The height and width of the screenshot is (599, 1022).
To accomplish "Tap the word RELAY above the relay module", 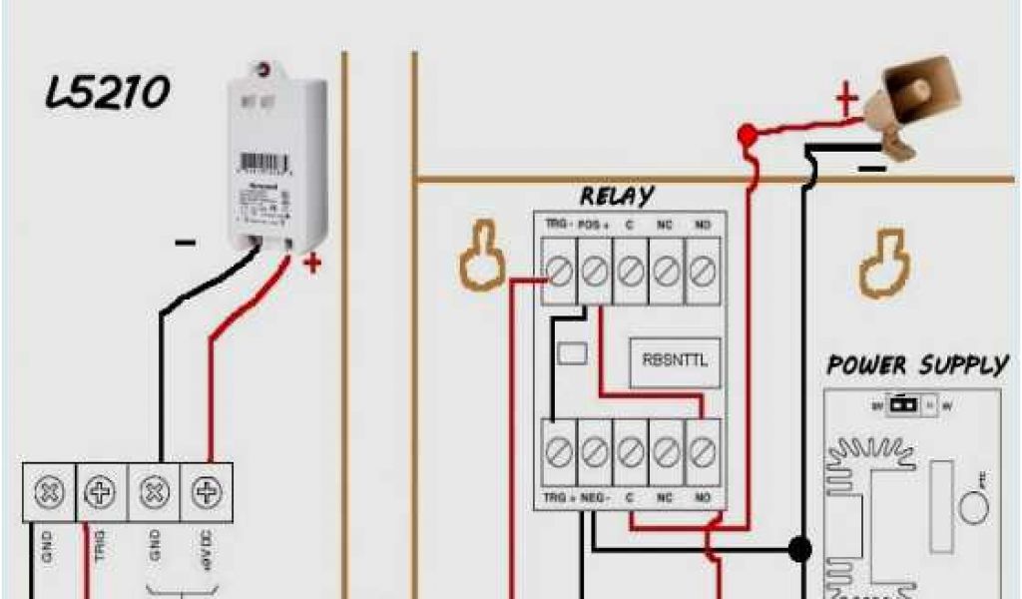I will pos(616,195).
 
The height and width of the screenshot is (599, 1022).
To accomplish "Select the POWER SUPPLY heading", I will pos(917,365).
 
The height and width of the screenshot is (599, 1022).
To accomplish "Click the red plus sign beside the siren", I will pos(846,100).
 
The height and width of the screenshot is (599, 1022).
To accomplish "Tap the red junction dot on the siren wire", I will pos(746,133).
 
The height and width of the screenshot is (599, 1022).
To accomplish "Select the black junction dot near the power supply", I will pos(798,548).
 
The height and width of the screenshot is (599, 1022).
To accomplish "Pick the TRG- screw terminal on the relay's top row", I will pos(559,271).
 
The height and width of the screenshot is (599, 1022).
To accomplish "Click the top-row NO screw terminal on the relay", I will pos(703,271).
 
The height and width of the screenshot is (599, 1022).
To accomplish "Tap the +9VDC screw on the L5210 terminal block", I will pos(207,492).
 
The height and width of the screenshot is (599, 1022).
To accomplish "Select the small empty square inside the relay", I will pos(571,353).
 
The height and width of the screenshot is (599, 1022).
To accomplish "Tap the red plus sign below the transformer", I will pos(312,265).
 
